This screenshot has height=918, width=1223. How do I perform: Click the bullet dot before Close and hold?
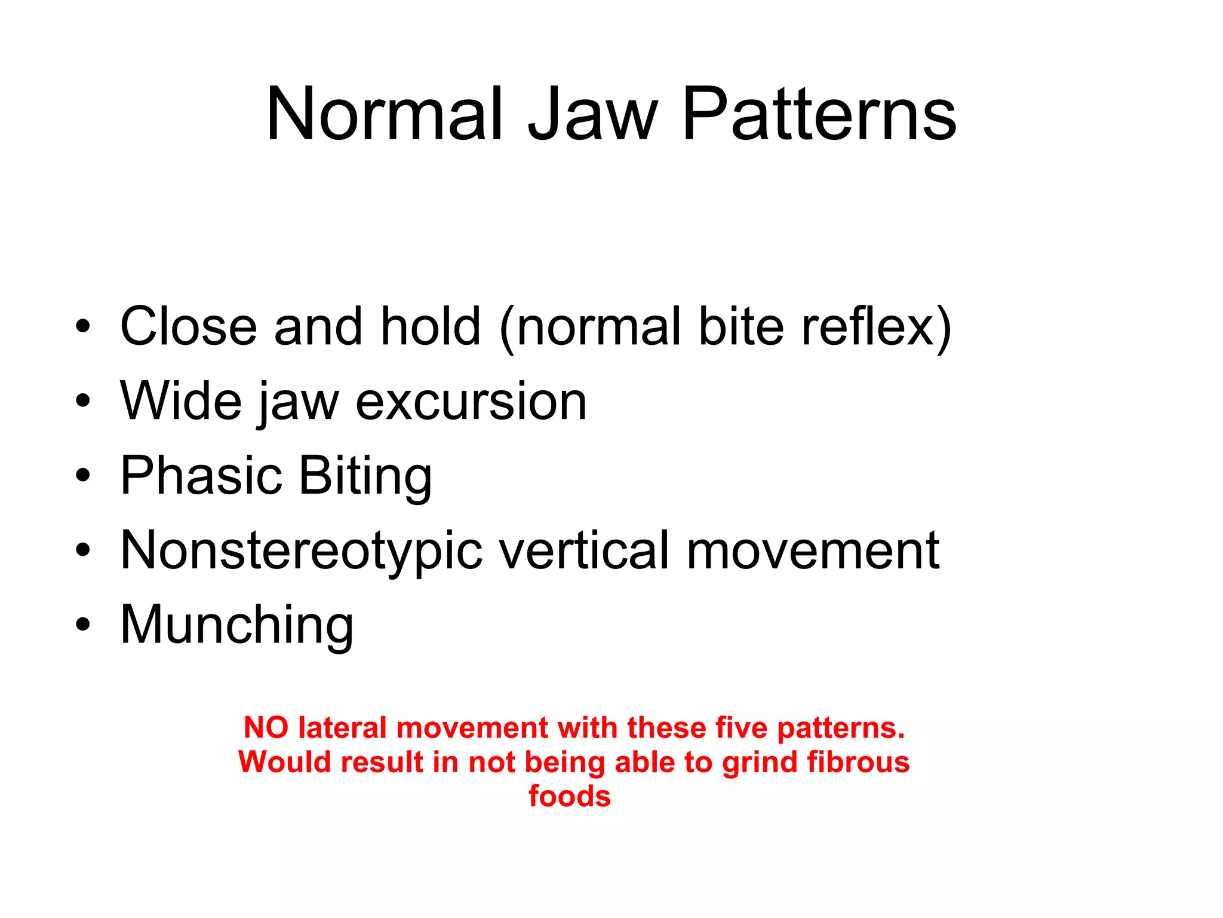pos(83,326)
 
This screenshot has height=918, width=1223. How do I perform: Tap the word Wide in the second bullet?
pos(181,401)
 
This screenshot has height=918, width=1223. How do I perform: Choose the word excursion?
pos(471,402)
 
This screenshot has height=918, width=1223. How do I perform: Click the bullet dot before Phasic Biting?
pos(83,476)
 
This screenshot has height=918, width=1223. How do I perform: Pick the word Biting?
pos(365,477)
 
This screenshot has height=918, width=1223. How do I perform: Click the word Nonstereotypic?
pos(301,551)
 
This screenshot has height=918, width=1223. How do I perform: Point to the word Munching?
pos(236,625)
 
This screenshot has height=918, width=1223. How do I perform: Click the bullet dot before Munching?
pos(83,625)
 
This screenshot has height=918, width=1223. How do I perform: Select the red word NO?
pos(266,728)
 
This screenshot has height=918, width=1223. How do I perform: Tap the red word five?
pos(742,728)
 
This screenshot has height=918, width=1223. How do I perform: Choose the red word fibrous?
pos(858,762)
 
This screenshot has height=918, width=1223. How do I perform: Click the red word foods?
pos(570,796)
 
